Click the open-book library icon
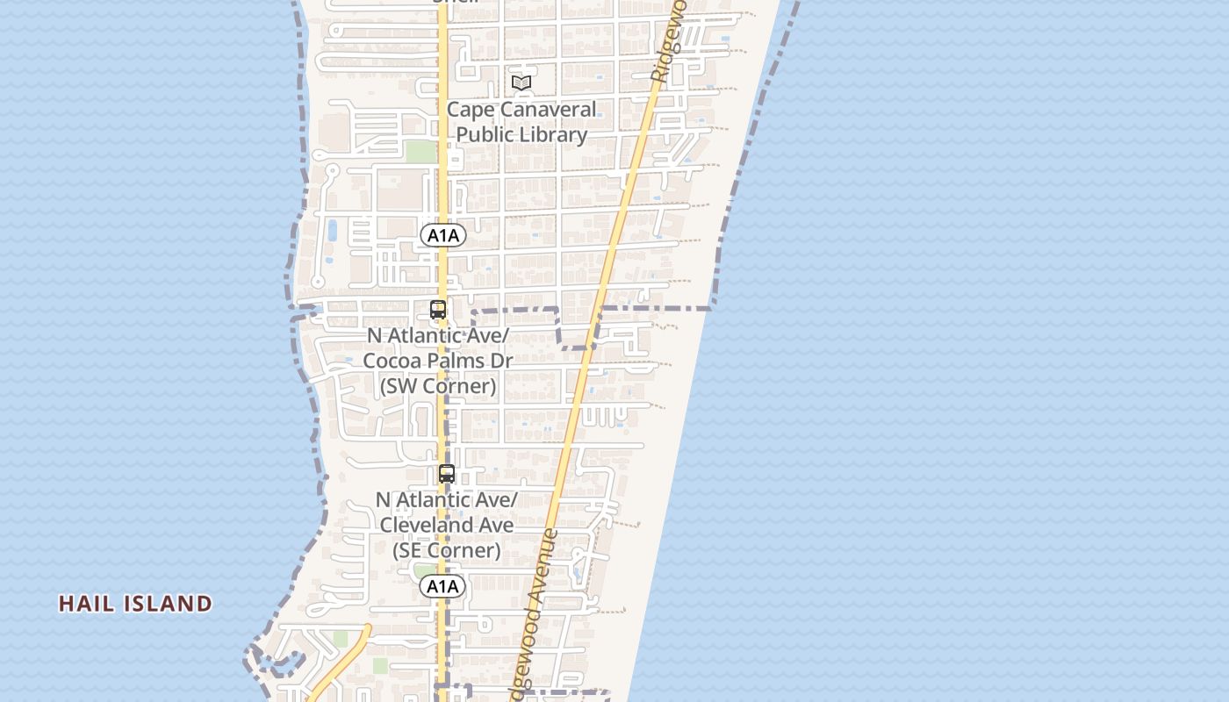click(x=521, y=82)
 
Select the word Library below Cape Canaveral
click(x=552, y=135)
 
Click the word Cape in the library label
click(x=471, y=111)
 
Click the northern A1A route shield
click(x=442, y=235)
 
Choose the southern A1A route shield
click(x=442, y=586)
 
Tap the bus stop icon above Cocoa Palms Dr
click(x=438, y=310)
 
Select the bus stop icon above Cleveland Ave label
click(x=447, y=474)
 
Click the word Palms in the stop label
click(x=456, y=361)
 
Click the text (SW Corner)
click(x=438, y=386)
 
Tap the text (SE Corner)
click(x=447, y=550)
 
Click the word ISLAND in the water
click(x=169, y=604)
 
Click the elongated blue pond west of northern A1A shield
click(x=332, y=231)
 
